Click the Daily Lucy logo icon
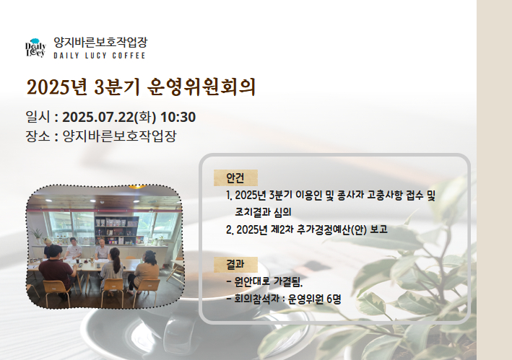(x=35, y=48)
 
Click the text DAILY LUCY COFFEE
(x=100, y=56)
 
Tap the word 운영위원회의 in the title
(x=201, y=87)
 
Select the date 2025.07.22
(x=98, y=117)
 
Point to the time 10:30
(x=178, y=117)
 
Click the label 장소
(x=38, y=136)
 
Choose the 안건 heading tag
(x=235, y=177)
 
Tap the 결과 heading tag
(x=235, y=265)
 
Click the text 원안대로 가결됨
(x=269, y=281)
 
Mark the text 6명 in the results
(x=334, y=299)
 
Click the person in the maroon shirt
(x=56, y=268)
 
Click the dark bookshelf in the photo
(x=116, y=231)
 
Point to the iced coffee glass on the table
(x=77, y=261)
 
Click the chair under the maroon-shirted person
(x=57, y=292)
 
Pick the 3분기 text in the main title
(x=117, y=87)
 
